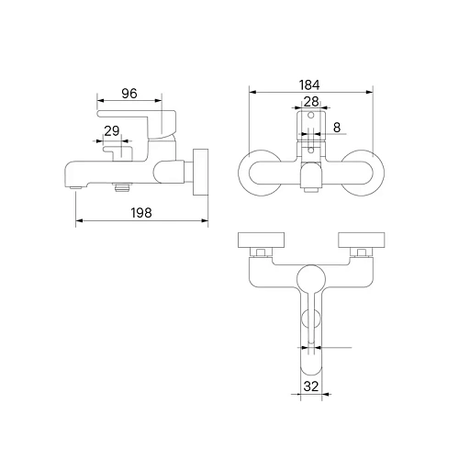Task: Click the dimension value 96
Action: pos(129,94)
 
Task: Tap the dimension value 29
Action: pos(112,131)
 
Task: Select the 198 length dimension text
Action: pos(141,213)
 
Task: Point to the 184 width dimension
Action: pos(309,85)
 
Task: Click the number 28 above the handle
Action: pos(311,102)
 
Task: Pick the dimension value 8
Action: pos(337,128)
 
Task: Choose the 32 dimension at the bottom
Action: pos(311,386)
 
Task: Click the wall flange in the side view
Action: pos(200,173)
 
